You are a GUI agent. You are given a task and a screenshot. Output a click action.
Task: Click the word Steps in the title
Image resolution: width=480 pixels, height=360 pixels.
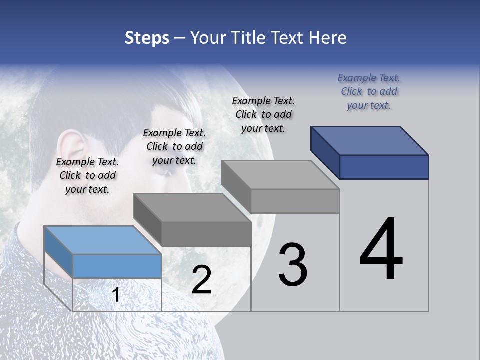(147, 38)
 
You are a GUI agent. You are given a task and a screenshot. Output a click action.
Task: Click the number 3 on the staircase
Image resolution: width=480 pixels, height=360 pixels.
(293, 265)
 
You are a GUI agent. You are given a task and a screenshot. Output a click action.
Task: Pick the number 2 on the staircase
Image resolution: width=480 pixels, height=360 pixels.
(201, 280)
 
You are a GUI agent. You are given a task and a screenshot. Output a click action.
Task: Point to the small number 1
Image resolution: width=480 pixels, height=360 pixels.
(116, 295)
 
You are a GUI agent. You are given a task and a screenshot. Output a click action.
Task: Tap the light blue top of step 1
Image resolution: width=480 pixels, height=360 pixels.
(102, 240)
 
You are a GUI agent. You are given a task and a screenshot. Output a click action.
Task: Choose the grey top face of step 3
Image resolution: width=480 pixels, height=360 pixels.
(280, 175)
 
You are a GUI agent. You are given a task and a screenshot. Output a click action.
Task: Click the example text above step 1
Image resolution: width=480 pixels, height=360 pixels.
(87, 175)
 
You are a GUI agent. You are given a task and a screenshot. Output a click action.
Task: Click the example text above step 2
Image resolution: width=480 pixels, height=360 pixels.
(174, 146)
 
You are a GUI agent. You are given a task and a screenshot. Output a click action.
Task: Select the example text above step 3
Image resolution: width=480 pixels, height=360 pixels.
(263, 114)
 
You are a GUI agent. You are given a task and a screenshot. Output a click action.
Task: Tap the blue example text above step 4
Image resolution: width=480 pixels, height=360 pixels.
(369, 91)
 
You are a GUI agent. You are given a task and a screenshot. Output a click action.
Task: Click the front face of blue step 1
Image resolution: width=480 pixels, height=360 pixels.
(117, 266)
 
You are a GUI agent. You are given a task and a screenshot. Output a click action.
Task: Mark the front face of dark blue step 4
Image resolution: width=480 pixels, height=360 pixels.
(384, 167)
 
